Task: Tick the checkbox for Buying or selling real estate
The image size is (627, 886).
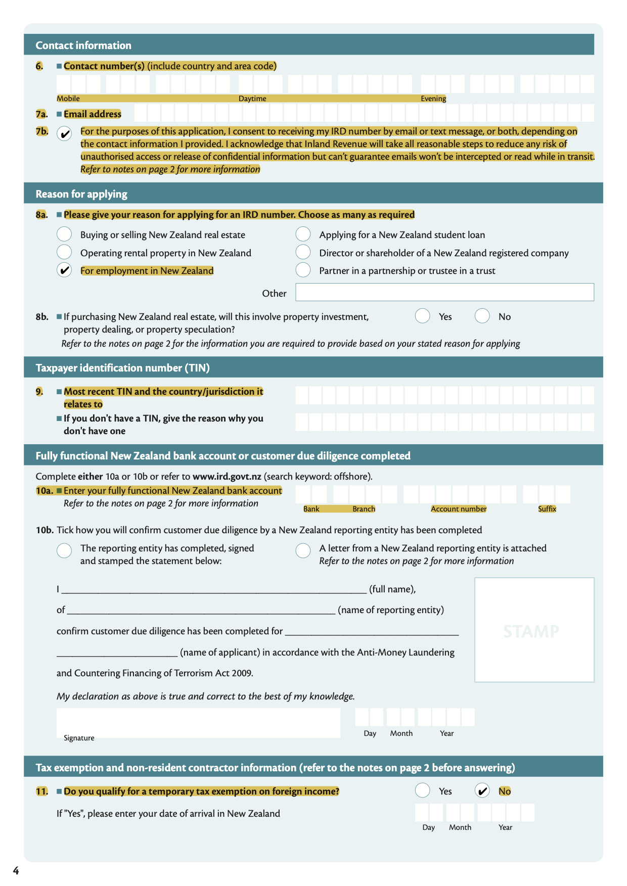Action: [x=64, y=234]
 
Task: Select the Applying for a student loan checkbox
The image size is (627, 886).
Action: [x=303, y=234]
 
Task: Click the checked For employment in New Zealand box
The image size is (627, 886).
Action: [x=64, y=270]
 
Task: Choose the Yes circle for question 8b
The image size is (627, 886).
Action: [x=422, y=316]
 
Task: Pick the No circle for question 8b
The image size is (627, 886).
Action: [x=482, y=316]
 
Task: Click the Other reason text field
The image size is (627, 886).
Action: [x=444, y=292]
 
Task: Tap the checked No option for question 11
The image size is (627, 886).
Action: [x=482, y=790]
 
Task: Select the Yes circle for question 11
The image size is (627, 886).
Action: [x=422, y=790]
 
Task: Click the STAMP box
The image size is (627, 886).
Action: [x=534, y=630]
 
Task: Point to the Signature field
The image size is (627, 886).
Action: [x=198, y=723]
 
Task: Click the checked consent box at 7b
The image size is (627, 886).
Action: [x=64, y=134]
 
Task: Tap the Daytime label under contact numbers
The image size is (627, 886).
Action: [x=252, y=99]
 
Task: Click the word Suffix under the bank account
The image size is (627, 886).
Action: [x=547, y=509]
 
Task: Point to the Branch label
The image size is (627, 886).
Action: [x=364, y=509]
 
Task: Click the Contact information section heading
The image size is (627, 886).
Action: [x=83, y=45]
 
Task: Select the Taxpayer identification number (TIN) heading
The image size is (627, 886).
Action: [x=122, y=368]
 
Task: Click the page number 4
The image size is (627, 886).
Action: [x=16, y=870]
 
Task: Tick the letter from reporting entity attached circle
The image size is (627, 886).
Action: [x=303, y=550]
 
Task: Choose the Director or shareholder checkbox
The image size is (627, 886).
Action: [x=303, y=252]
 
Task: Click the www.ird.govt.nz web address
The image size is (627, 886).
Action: [x=227, y=476]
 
